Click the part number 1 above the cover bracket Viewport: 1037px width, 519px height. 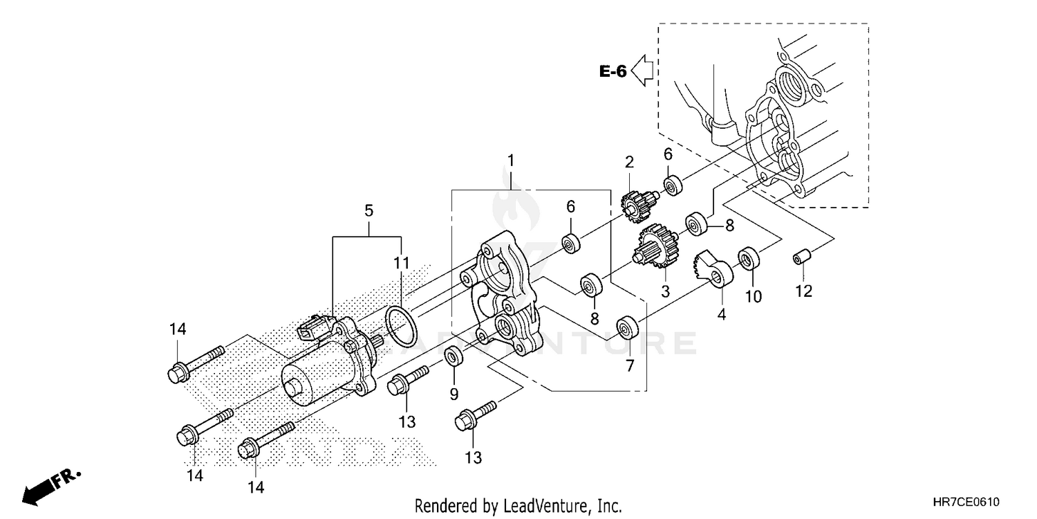pyautogui.click(x=511, y=161)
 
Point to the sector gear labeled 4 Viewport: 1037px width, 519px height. pyautogui.click(x=713, y=270)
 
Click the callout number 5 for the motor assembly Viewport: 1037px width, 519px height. pyautogui.click(x=368, y=210)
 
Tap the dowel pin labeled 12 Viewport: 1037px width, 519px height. pyautogui.click(x=802, y=259)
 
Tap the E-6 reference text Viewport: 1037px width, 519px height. pyautogui.click(x=613, y=71)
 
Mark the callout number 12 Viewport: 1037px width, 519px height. pyautogui.click(x=803, y=291)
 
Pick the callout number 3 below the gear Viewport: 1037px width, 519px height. pyautogui.click(x=665, y=292)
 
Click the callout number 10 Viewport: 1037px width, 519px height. pyautogui.click(x=753, y=297)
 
